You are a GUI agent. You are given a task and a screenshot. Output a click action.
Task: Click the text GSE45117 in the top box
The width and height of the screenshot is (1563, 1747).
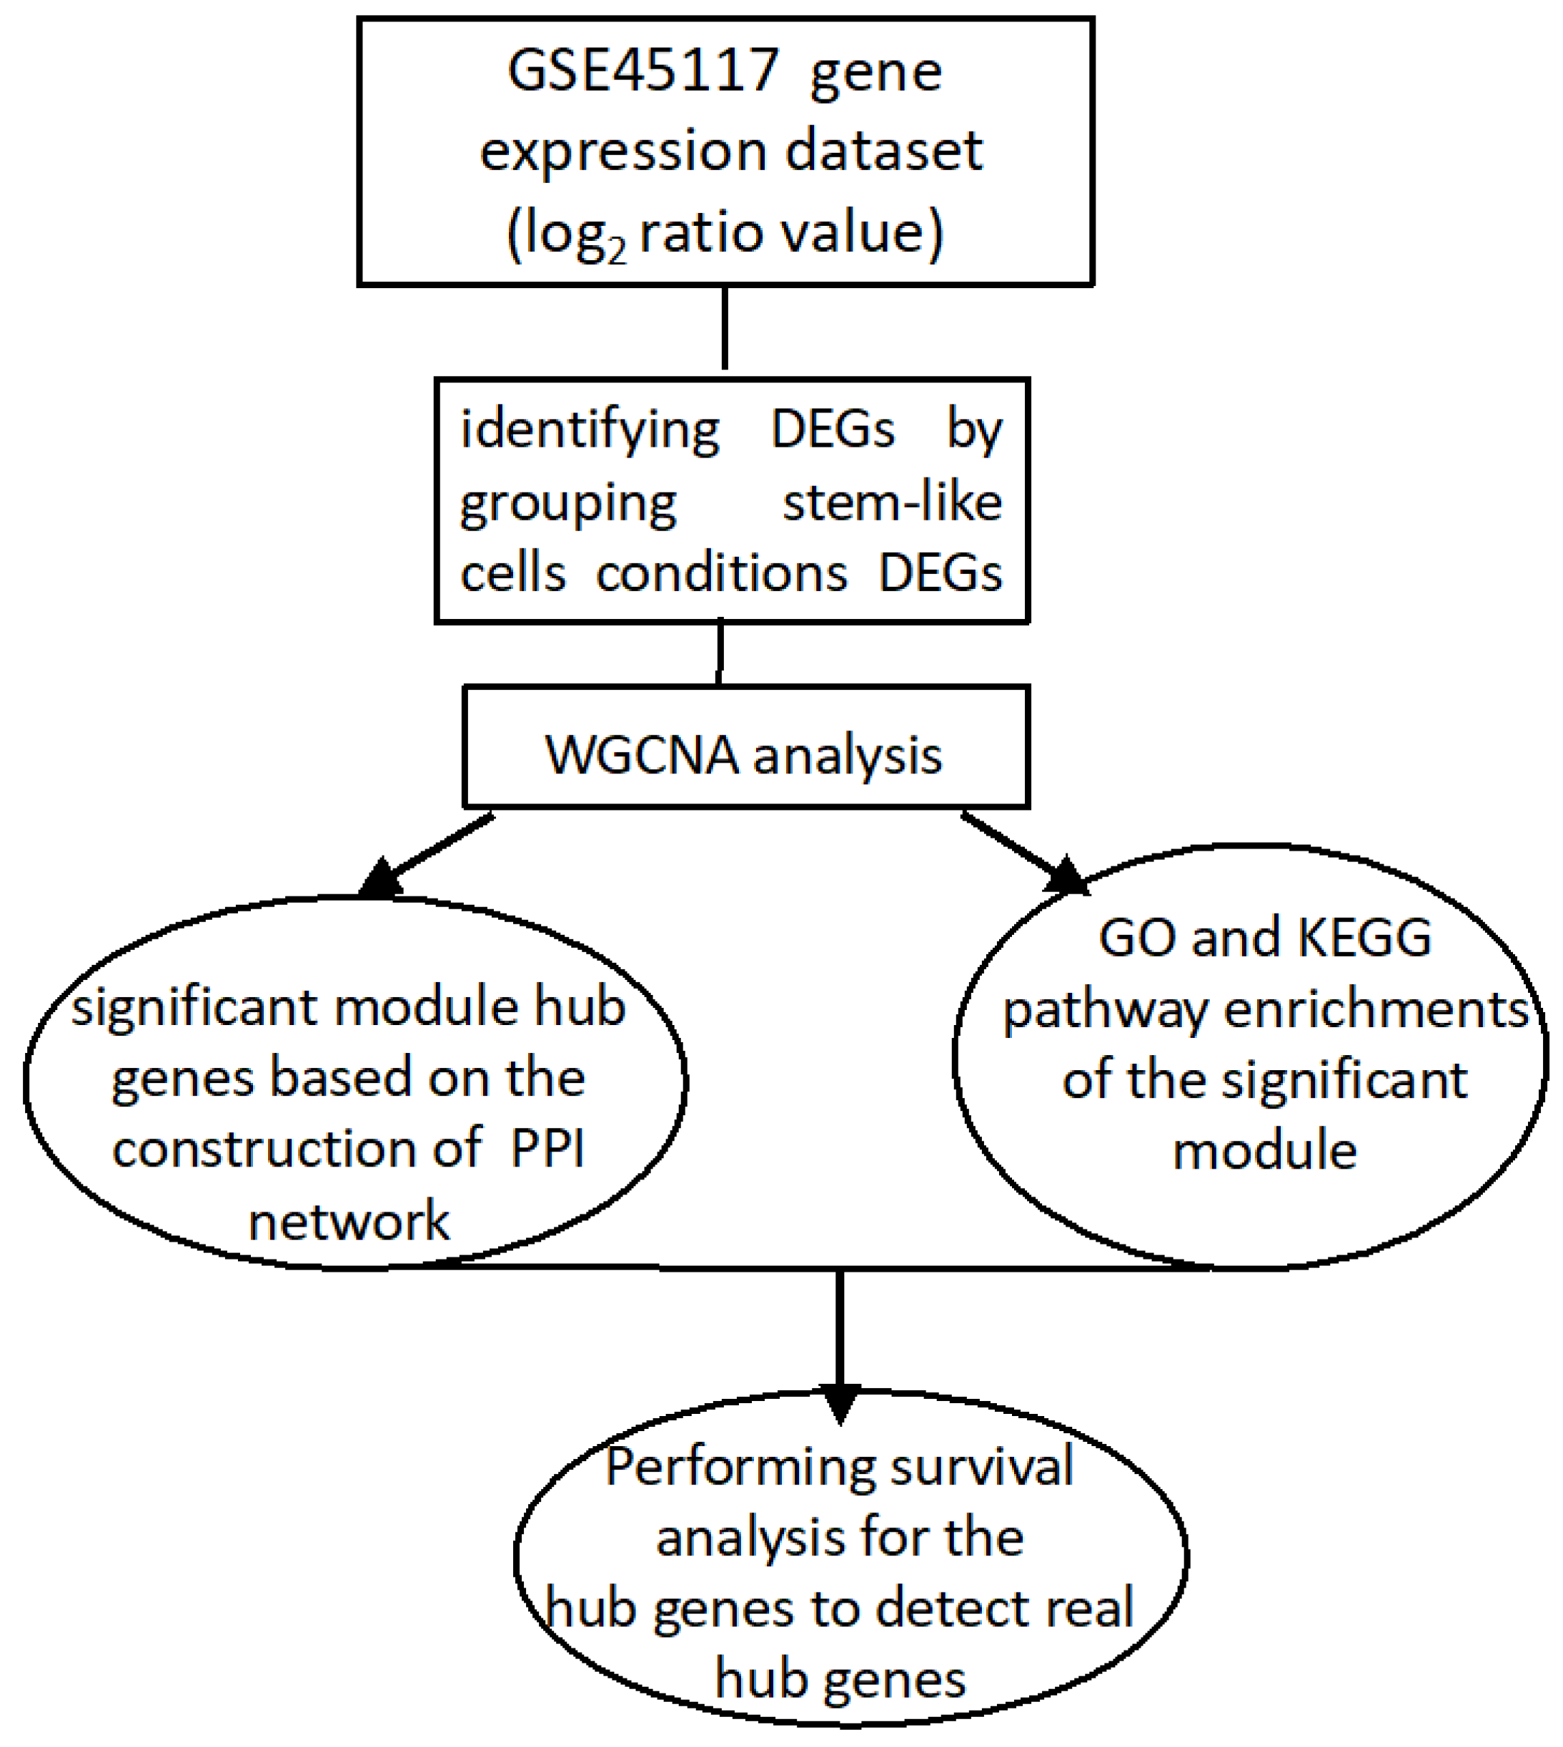pyautogui.click(x=642, y=71)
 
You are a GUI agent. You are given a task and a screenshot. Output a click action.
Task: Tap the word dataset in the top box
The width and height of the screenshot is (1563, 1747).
pyautogui.click(x=883, y=151)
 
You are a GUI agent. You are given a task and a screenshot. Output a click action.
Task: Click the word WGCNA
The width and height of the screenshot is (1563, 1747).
pyautogui.click(x=642, y=756)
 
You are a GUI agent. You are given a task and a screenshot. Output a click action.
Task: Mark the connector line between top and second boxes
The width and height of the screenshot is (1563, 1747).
pyautogui.click(x=725, y=328)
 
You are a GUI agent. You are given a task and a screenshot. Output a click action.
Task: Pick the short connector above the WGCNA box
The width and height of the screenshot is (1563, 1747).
pyautogui.click(x=720, y=653)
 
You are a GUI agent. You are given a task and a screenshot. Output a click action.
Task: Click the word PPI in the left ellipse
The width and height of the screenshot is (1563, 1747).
pyautogui.click(x=547, y=1149)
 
